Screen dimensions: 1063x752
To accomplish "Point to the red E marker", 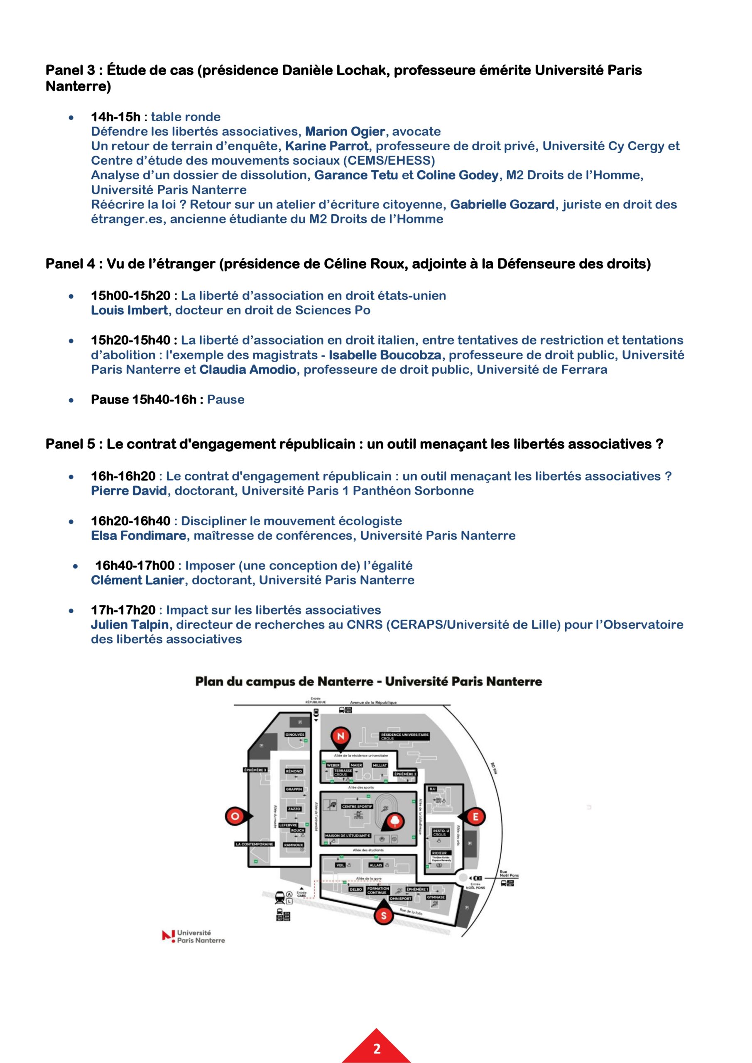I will tap(475, 817).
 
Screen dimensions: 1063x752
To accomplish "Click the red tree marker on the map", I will tap(395, 821).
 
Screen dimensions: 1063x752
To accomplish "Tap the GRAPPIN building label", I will tap(294, 789).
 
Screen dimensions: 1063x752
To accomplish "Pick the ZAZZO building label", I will tap(294, 809).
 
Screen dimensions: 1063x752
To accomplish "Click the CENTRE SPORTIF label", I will tap(357, 806).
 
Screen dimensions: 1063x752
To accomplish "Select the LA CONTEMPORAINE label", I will tap(254, 844).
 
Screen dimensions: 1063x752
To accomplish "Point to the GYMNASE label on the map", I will tap(436, 897).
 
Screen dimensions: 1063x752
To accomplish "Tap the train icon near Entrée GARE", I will tap(280, 897).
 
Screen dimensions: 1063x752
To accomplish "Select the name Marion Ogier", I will tap(345, 132).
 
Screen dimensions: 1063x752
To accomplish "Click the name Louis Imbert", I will tap(129, 310).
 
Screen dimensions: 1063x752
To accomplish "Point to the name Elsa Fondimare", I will tap(138, 536).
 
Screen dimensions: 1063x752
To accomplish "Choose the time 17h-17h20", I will tap(123, 610).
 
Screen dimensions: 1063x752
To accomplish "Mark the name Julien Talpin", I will tap(130, 625).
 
